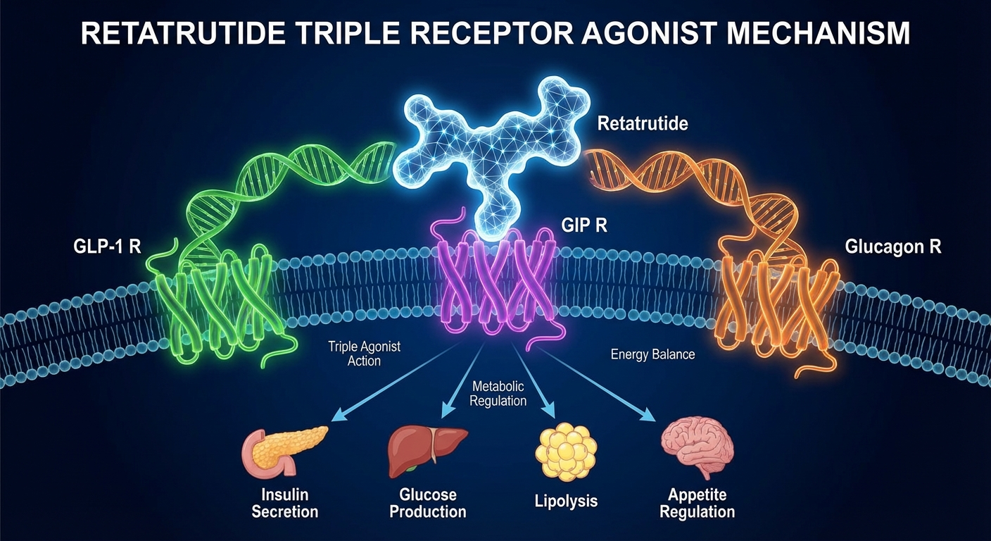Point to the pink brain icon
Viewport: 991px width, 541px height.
(698, 447)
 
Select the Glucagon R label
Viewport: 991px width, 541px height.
(893, 248)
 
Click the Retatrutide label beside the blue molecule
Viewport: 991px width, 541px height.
(643, 125)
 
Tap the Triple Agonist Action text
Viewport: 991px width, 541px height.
(354, 354)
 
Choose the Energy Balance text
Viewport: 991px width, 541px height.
(652, 354)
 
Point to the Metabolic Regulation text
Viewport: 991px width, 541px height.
(499, 394)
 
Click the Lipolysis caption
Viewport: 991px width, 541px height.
(566, 501)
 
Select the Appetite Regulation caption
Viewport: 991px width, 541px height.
(698, 502)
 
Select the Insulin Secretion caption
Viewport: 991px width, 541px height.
(285, 503)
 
